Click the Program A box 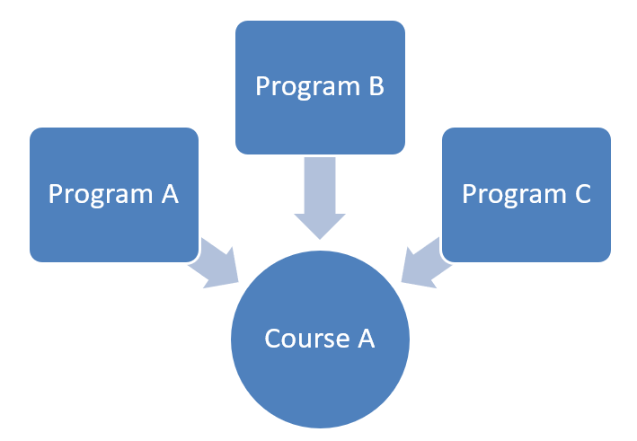[x=113, y=195]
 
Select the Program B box [x=320, y=86]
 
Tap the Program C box [x=526, y=195]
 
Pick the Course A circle [x=320, y=340]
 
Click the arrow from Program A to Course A [x=214, y=261]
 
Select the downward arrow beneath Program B [x=320, y=198]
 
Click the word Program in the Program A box [x=100, y=195]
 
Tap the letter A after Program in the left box [x=170, y=194]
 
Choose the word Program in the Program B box [x=306, y=86]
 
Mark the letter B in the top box [x=376, y=86]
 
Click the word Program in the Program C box [x=513, y=195]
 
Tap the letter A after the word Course [x=365, y=340]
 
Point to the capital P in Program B [x=262, y=86]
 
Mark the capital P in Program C [x=469, y=195]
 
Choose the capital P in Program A [x=56, y=195]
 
